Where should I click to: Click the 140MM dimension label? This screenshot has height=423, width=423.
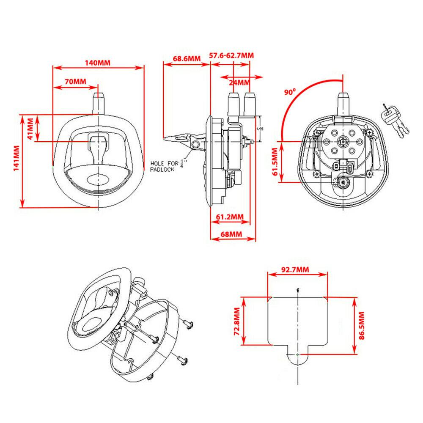pos(98,63)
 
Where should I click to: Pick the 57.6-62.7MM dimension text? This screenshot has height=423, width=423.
pos(232,55)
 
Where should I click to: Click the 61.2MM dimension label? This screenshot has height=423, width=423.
pos(230,217)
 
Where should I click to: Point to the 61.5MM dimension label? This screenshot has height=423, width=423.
pos(275,162)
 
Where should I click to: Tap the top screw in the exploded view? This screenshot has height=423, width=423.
pos(189,324)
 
